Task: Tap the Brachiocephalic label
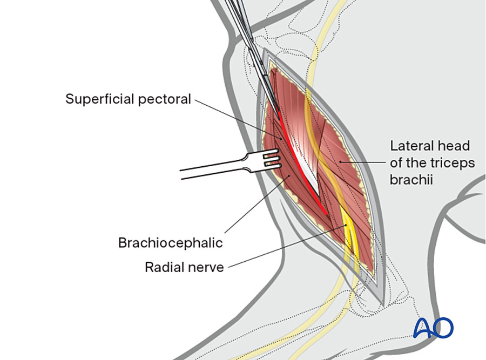170,242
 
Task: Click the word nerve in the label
206,267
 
